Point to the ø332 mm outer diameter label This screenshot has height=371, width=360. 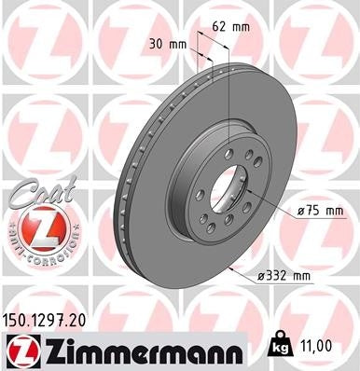coord(285,277)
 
